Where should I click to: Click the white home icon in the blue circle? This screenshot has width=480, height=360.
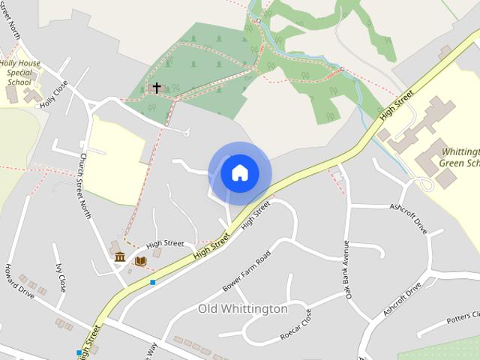[239, 172]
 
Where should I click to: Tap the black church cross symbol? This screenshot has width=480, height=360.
[157, 88]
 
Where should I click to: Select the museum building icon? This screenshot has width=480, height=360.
[120, 258]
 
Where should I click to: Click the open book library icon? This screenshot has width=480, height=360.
[140, 260]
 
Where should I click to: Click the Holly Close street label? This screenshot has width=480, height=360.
[54, 94]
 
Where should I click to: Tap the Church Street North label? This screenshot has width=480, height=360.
[85, 187]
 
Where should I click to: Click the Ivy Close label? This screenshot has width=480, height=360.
[61, 277]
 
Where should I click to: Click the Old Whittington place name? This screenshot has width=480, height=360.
[242, 309]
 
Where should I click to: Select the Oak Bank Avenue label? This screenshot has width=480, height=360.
[347, 270]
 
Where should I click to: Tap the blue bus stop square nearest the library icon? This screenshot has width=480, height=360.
[152, 282]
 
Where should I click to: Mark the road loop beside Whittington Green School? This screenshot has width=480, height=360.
[425, 184]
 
